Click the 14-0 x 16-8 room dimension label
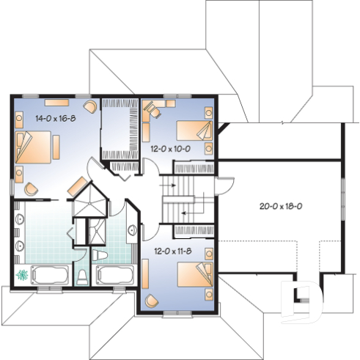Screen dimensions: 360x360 pos(56,117)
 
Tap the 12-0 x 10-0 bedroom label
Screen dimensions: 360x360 pos(170,148)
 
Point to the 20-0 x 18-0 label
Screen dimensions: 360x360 pos(282,206)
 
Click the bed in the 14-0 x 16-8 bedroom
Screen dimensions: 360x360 pos(34,147)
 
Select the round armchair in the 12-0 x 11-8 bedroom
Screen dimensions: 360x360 pos(151,300)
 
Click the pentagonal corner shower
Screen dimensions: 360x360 pos(90,199)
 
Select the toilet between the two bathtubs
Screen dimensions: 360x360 pos(83,277)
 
